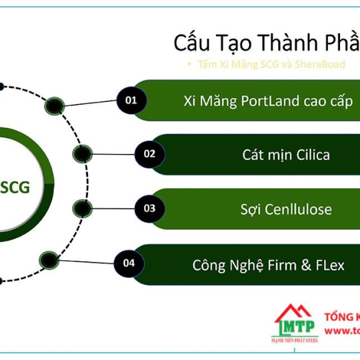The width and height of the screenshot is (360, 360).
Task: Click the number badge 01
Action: click(131, 100)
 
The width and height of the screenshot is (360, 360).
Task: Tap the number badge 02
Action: click(149, 154)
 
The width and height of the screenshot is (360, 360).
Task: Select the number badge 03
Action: click(149, 209)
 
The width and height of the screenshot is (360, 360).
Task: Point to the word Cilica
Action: click(308, 155)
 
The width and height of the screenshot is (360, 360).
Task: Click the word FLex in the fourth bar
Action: click(331, 265)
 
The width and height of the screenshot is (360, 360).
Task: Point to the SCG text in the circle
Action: click(15, 187)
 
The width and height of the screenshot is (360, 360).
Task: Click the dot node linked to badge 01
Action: click(53, 105)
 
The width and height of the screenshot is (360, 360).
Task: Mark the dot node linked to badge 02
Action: click(82, 155)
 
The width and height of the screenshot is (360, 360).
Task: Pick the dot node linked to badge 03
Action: click(81, 207)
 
